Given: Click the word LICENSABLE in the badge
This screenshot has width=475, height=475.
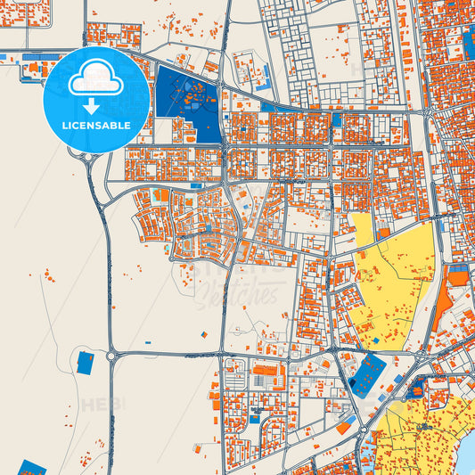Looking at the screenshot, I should [x=95, y=125].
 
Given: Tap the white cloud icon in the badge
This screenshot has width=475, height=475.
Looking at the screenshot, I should [x=95, y=78].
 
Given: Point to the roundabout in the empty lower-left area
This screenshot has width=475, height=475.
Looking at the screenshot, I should [x=112, y=356].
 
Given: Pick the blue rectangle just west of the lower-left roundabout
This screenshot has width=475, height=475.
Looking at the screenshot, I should [x=86, y=362].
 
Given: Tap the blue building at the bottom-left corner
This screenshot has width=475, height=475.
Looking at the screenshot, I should [x=33, y=468].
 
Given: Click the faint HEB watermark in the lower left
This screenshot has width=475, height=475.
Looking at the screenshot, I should [x=103, y=405].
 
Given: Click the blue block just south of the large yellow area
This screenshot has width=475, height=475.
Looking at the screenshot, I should [x=368, y=374].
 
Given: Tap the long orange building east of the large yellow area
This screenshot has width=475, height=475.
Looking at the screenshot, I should [x=444, y=307].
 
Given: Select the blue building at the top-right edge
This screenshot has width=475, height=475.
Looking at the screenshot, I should [x=469, y=40].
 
